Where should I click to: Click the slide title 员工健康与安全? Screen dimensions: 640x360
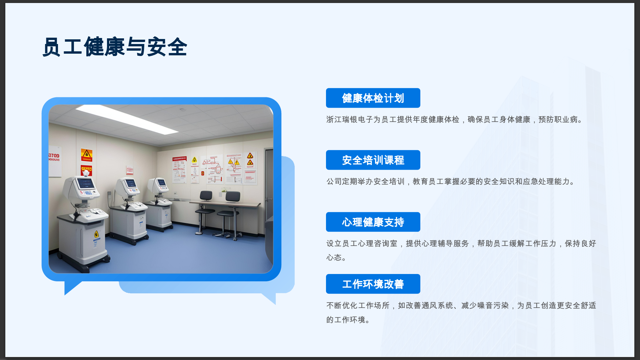115,47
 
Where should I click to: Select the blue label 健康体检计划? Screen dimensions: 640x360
373,98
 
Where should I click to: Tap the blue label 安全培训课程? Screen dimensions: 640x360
373,160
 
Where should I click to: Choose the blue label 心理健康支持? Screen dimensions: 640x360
373,222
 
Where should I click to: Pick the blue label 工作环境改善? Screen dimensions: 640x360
373,284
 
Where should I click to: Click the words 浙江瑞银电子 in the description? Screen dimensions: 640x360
350,119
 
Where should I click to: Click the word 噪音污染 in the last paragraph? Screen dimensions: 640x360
493,305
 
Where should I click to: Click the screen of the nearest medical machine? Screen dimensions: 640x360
85,183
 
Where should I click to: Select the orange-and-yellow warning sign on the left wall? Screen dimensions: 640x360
87,155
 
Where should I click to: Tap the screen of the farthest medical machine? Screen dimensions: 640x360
162,182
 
